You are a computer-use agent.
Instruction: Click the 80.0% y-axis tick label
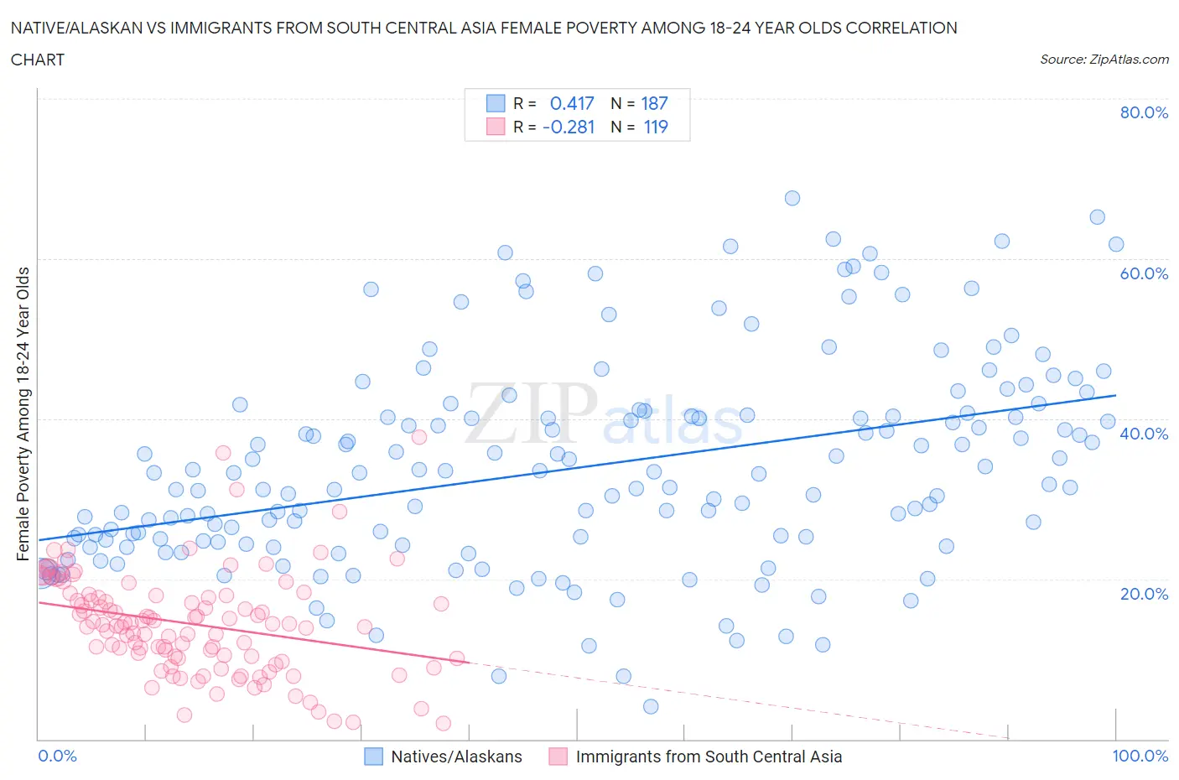(1144, 112)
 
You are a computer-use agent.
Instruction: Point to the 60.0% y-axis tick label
(1144, 273)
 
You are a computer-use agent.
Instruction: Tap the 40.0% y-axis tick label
(1144, 434)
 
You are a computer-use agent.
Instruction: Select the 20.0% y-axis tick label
(1144, 594)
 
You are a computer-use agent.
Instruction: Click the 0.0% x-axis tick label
(57, 756)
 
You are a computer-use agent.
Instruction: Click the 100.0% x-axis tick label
(1140, 756)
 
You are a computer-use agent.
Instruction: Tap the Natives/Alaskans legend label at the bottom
(456, 757)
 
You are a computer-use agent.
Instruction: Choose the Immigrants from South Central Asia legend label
(709, 757)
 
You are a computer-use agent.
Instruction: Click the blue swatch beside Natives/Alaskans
(373, 757)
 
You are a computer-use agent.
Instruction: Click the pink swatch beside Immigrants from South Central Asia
(558, 757)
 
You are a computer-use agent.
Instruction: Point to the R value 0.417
(572, 103)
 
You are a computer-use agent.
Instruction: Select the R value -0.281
(569, 127)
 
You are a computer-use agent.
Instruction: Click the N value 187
(654, 103)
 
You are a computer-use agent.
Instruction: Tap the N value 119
(654, 127)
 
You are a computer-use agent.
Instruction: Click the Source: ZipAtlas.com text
(1104, 59)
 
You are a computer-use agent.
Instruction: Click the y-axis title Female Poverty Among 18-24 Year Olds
(23, 413)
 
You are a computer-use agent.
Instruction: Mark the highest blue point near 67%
(792, 198)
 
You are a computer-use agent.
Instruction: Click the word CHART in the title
(38, 60)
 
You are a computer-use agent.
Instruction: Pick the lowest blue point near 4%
(651, 706)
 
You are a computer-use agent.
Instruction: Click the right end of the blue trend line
(1115, 395)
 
